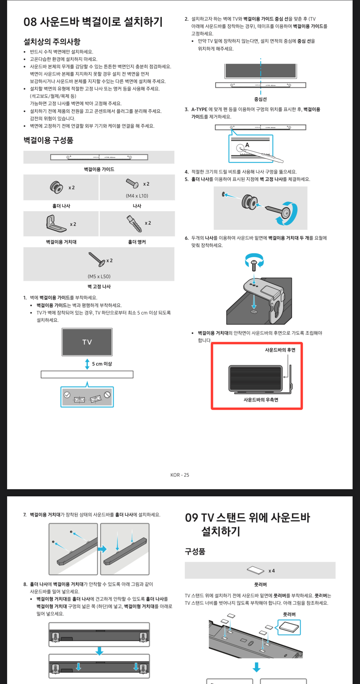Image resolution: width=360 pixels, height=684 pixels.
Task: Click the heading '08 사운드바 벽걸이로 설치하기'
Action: click(x=93, y=22)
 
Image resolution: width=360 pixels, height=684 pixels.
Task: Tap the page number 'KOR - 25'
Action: click(x=180, y=475)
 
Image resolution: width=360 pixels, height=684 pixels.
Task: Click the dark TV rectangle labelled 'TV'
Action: click(x=87, y=342)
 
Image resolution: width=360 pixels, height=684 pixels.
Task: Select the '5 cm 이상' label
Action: click(x=102, y=364)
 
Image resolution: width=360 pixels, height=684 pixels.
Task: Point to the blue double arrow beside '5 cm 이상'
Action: click(x=87, y=364)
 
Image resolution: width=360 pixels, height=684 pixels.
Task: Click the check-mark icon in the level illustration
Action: click(x=67, y=395)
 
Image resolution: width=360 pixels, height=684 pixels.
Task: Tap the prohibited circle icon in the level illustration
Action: click(x=107, y=394)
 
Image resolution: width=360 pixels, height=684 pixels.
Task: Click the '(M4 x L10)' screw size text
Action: click(x=137, y=196)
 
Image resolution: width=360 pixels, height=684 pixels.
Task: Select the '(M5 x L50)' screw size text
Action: click(x=99, y=276)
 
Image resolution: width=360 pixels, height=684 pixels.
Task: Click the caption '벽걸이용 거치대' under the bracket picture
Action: click(x=61, y=242)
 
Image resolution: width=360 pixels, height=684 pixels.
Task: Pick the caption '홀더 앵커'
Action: click(x=137, y=242)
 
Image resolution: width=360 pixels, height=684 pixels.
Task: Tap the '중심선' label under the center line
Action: click(x=260, y=99)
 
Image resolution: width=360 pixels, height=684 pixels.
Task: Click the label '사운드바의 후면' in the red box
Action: click(x=280, y=350)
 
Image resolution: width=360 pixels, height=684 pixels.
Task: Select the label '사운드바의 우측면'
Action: click(x=261, y=400)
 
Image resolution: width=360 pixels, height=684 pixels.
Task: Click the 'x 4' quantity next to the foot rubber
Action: click(x=272, y=571)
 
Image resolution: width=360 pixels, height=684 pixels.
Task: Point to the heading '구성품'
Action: click(x=195, y=551)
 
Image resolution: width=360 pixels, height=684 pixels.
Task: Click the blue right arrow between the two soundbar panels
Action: click(x=102, y=549)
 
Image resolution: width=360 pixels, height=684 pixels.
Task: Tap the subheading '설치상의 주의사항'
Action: click(x=52, y=42)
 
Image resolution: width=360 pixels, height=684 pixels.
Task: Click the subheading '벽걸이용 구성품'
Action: click(x=48, y=140)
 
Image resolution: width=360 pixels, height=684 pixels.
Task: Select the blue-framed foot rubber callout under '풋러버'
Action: click(x=289, y=627)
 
